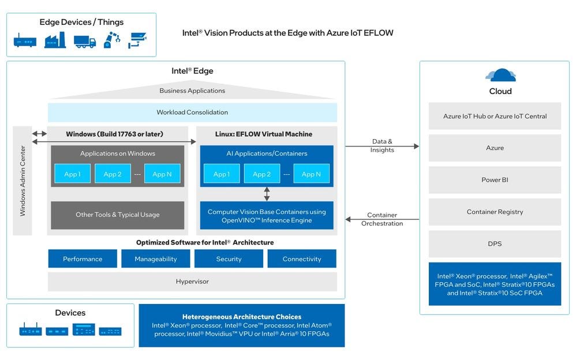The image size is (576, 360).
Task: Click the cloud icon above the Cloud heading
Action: click(x=500, y=75)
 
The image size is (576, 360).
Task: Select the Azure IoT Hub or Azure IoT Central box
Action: click(x=495, y=116)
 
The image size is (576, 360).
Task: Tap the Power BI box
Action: click(x=495, y=180)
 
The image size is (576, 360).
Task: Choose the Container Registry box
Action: click(x=495, y=212)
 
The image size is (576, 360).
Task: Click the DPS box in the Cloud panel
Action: click(x=495, y=243)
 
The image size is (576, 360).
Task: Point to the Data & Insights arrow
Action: click(x=382, y=147)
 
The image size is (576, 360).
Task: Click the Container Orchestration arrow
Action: click(x=382, y=219)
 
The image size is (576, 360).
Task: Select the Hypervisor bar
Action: click(x=192, y=282)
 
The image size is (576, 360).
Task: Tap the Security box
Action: click(x=229, y=259)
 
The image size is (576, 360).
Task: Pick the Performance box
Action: click(x=83, y=259)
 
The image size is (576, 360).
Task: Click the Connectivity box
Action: click(x=302, y=259)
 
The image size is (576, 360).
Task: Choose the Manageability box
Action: click(x=155, y=259)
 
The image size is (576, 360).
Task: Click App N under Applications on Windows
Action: click(x=162, y=174)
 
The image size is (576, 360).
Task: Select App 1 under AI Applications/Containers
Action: click(x=221, y=174)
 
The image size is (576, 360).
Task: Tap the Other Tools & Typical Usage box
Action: click(x=117, y=215)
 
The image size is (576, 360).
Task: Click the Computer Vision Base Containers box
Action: click(x=267, y=216)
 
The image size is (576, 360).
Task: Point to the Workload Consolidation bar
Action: click(x=192, y=112)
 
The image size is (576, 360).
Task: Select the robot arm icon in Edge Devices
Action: click(x=112, y=40)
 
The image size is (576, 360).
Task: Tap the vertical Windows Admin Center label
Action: click(x=23, y=181)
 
